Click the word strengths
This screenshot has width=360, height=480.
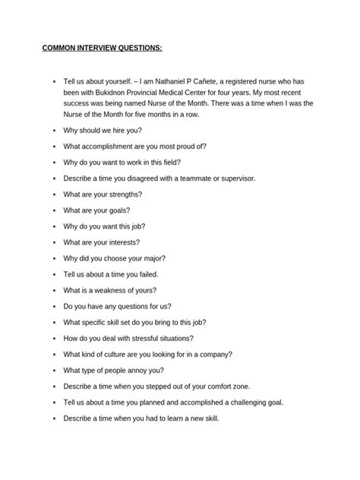point(121,194)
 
